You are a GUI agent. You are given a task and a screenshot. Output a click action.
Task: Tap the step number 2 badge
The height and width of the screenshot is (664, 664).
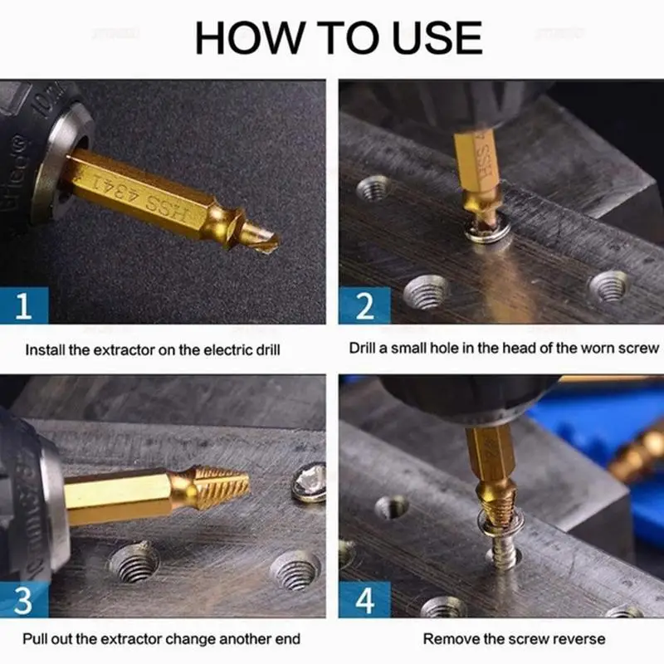[364, 306]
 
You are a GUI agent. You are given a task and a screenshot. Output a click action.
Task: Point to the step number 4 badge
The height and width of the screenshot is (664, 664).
[364, 599]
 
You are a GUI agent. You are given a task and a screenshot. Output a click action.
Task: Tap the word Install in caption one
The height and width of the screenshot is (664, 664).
[45, 350]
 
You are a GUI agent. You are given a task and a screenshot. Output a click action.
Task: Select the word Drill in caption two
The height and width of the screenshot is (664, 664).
[365, 348]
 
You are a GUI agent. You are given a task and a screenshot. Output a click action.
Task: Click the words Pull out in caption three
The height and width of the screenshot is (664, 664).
[51, 639]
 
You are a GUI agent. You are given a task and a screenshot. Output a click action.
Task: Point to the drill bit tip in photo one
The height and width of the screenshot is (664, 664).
[264, 241]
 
